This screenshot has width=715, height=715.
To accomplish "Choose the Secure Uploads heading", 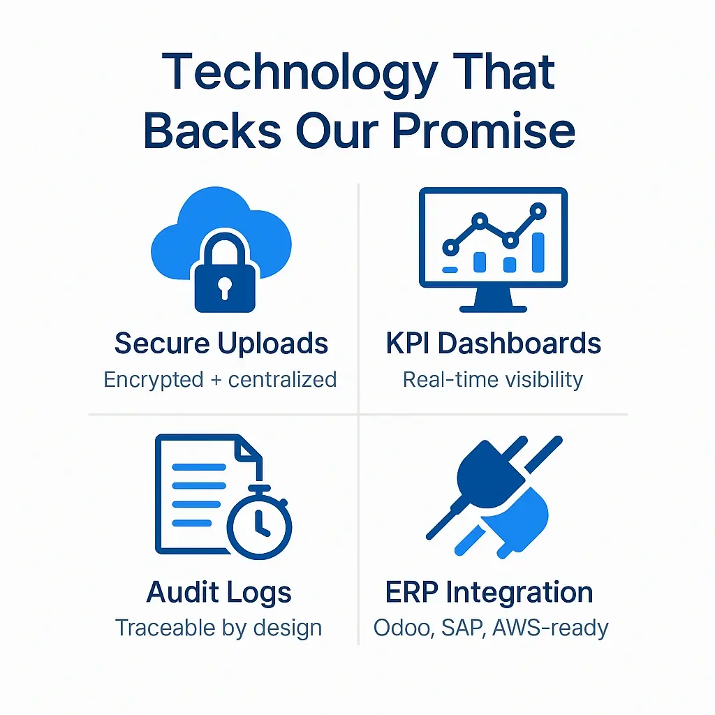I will click(x=221, y=344).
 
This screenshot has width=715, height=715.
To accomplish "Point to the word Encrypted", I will click(x=153, y=380).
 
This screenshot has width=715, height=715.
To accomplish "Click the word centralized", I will click(x=283, y=380).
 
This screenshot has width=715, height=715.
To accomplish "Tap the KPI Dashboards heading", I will click(x=493, y=344).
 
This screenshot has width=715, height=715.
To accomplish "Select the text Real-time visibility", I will click(x=493, y=380).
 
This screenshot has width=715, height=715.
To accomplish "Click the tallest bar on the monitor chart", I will click(x=538, y=252).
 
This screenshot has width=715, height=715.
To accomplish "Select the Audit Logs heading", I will click(x=219, y=592).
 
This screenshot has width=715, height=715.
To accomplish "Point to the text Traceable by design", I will click(x=219, y=628).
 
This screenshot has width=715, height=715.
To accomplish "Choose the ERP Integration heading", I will click(x=489, y=592).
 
